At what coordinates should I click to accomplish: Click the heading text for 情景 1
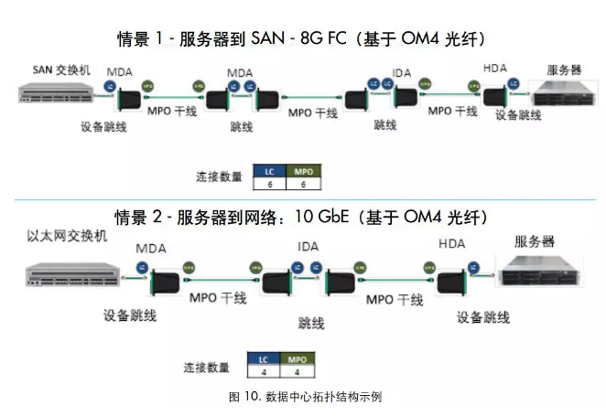pos(301,39)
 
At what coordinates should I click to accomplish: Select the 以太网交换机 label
pos(68,235)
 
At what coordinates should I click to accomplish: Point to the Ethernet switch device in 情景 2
pos(70,272)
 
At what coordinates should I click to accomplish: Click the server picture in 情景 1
pos(561,95)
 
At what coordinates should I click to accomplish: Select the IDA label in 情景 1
pos(401,72)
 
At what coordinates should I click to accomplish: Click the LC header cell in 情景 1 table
pos(269,171)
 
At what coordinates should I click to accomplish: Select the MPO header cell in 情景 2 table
pos(296,359)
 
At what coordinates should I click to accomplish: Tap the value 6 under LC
pos(269,184)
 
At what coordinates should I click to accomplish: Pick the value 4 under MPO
pos(296,372)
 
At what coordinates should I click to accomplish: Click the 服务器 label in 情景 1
pos(564,69)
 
